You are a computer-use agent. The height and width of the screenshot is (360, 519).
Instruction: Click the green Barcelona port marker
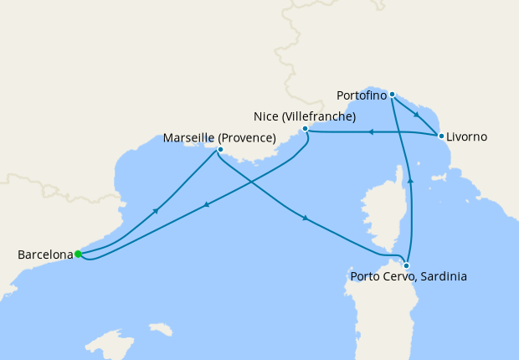click(x=78, y=254)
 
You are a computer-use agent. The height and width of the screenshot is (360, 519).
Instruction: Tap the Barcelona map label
click(x=44, y=255)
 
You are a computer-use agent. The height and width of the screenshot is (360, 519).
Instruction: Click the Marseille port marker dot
click(x=220, y=150)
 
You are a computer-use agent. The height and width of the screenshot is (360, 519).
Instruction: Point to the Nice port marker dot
click(x=306, y=129)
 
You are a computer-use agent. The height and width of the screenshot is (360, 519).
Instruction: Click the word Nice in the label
click(x=266, y=116)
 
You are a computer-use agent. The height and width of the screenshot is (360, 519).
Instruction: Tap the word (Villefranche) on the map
click(x=319, y=116)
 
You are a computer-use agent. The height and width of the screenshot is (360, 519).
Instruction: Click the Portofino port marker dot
click(x=392, y=94)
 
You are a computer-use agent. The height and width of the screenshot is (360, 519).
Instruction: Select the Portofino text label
click(x=362, y=95)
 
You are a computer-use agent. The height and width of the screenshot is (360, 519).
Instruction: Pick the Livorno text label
click(x=466, y=136)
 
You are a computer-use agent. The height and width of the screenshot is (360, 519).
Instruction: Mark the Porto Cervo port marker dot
click(x=407, y=265)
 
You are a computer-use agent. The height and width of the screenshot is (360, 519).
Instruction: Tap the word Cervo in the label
click(x=396, y=276)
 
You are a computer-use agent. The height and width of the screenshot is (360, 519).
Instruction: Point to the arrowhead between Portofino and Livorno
click(x=417, y=115)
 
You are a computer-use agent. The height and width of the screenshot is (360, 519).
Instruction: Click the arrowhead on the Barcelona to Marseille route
click(x=155, y=211)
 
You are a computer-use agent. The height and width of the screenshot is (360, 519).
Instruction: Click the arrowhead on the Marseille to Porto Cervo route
click(x=306, y=219)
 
